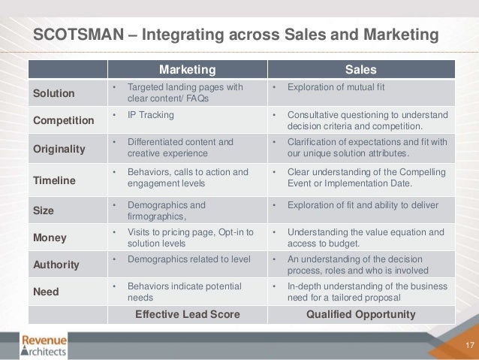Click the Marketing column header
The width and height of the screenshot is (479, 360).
186,70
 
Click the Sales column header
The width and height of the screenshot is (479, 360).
360,70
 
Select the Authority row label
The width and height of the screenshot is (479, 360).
54,265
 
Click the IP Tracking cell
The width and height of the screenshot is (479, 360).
151,115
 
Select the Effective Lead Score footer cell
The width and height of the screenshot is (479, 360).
187,314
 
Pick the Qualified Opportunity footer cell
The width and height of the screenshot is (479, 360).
360,314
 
